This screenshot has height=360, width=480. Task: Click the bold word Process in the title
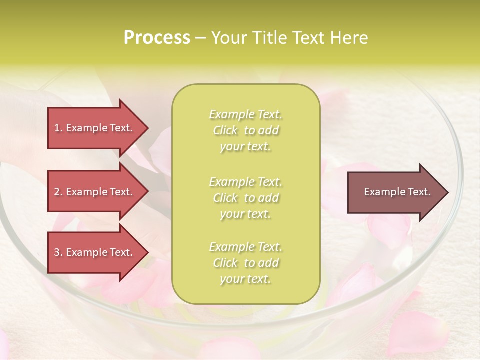(157, 38)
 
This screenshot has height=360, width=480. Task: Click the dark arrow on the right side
(395, 192)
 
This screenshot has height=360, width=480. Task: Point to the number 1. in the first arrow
(58, 128)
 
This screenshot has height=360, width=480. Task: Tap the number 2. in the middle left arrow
(58, 192)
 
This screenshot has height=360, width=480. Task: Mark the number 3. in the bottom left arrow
(58, 252)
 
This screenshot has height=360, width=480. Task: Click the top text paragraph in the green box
(245, 130)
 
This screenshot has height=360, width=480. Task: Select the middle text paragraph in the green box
(245, 198)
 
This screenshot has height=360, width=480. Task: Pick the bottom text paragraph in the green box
(245, 263)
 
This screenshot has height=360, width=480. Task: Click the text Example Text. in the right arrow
(397, 192)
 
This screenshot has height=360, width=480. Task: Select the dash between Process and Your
(200, 38)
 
